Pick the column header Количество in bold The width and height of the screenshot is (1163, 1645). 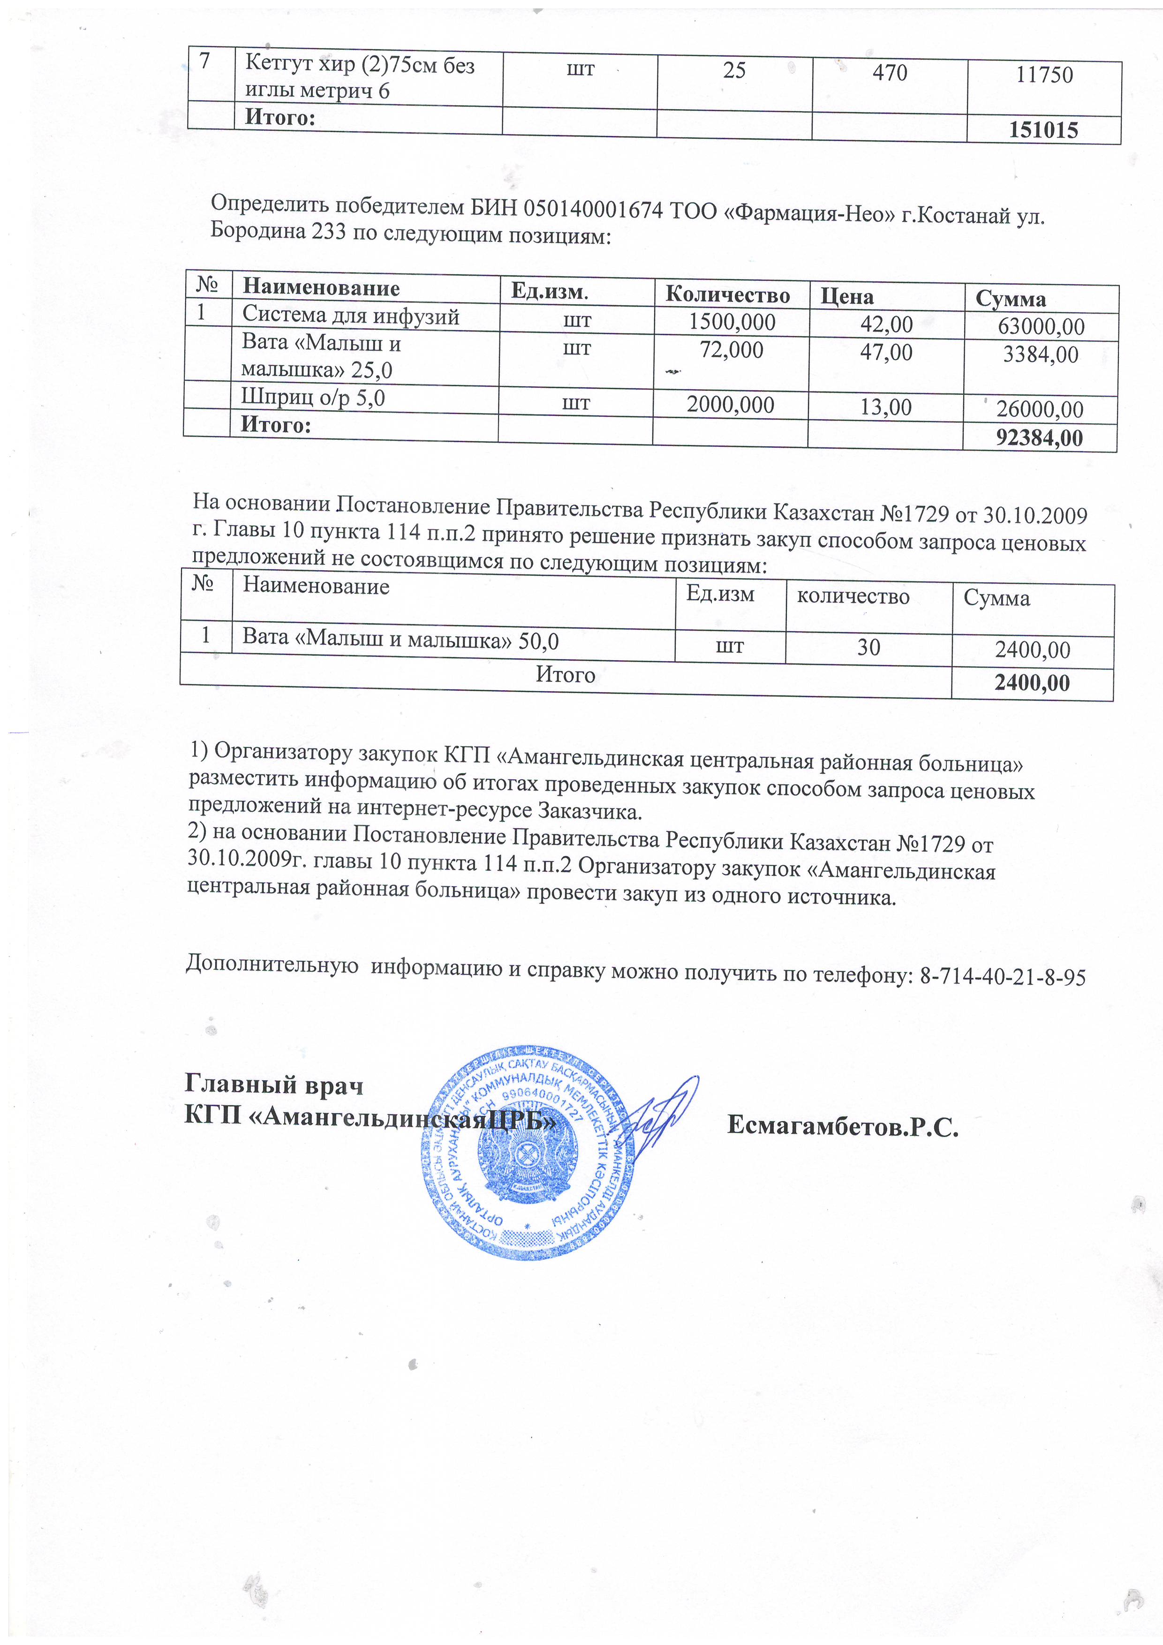tap(727, 294)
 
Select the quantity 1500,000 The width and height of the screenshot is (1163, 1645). tap(732, 323)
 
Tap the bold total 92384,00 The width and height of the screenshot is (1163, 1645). tap(1039, 438)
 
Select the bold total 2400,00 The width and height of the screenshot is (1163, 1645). tap(1032, 683)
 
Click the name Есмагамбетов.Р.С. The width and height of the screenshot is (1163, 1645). tap(843, 1127)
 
